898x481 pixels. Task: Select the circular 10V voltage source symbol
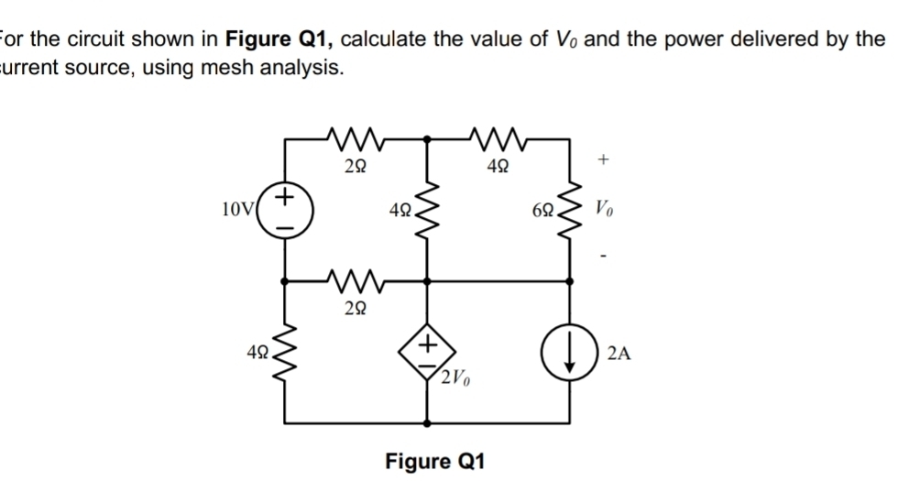pyautogui.click(x=284, y=207)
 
